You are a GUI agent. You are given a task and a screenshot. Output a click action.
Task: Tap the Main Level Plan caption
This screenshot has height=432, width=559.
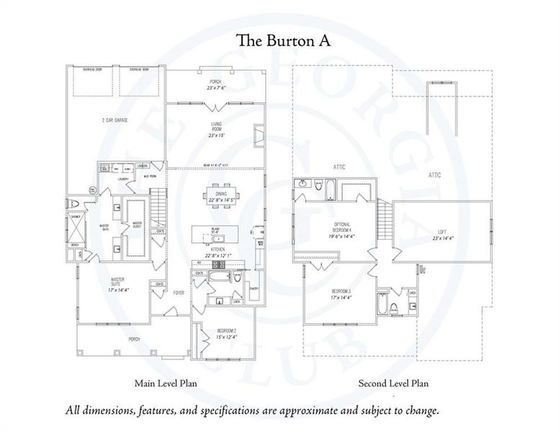pos(166,384)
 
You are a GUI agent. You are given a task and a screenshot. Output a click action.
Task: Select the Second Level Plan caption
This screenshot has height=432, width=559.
pos(393,384)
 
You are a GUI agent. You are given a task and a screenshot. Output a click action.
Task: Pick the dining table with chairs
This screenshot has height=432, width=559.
pos(218,194)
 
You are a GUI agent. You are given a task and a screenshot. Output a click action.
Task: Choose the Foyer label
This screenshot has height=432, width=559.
pos(179,292)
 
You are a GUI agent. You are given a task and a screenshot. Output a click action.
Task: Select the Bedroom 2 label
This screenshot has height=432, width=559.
pos(220,332)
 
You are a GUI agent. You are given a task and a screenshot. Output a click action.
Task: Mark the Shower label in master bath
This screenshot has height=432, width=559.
pos(76,215)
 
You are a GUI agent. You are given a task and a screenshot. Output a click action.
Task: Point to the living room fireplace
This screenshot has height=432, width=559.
pos(260,135)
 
